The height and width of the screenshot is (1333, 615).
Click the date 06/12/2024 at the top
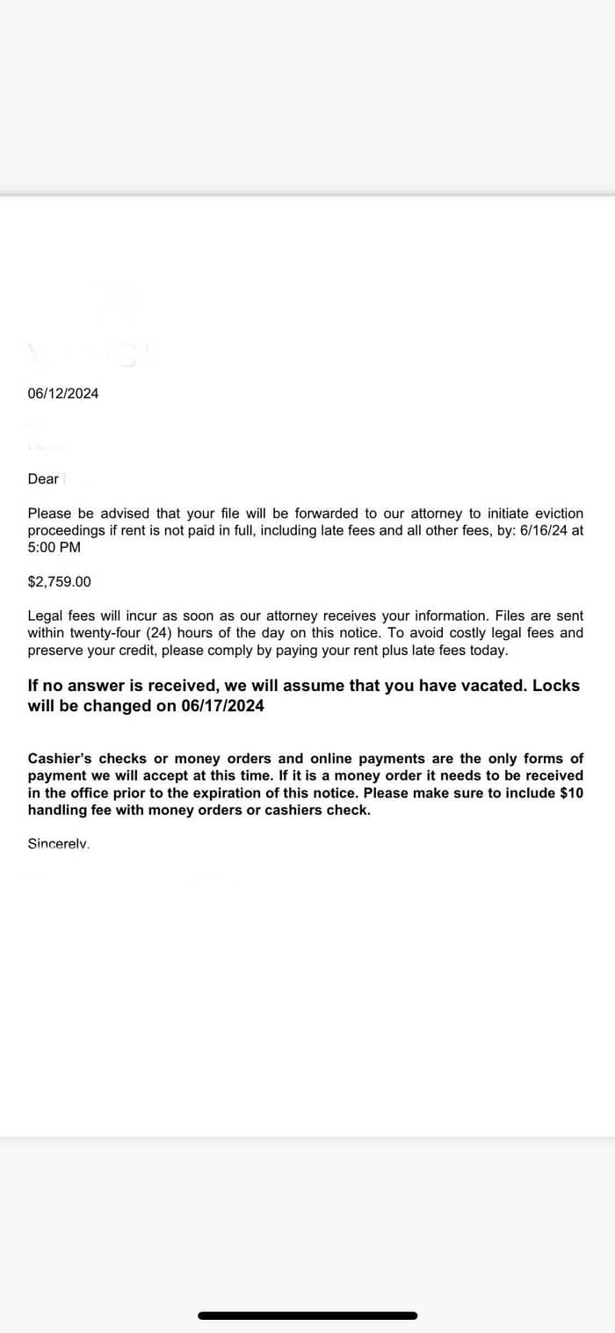pos(63,394)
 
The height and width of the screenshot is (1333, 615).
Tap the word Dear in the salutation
pos(43,479)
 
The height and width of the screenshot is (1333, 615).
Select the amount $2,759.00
pos(59,582)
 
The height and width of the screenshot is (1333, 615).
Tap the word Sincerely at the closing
pos(59,844)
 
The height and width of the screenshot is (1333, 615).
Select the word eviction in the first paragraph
pos(556,514)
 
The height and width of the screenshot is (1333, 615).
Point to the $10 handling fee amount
pos(571,793)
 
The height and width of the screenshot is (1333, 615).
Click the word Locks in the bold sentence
pos(556,685)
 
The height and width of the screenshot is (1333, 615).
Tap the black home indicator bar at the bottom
pos(307,1316)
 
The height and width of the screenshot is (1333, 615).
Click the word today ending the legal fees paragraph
pos(488,651)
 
